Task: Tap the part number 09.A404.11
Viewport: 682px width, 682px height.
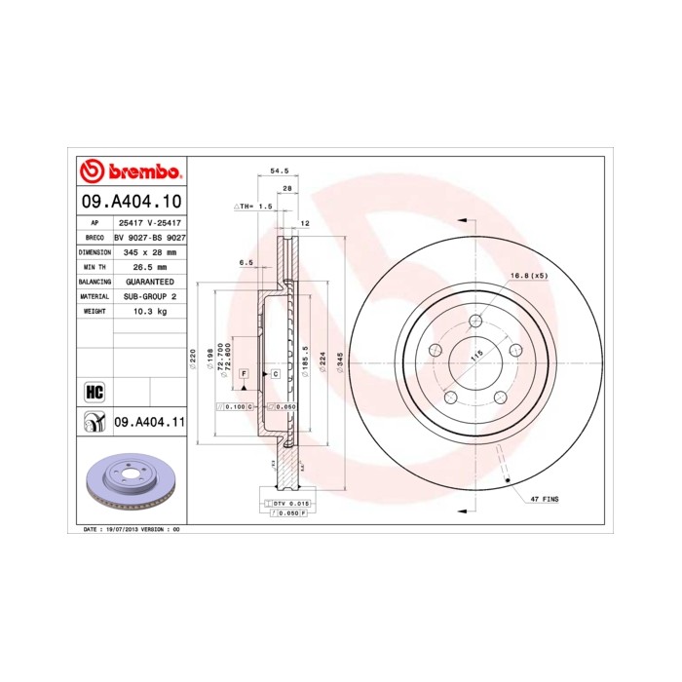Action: click(149, 422)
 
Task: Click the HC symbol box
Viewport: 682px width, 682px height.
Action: click(95, 392)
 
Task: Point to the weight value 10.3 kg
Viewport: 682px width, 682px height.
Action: click(149, 311)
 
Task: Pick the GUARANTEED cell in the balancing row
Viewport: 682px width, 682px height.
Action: click(149, 281)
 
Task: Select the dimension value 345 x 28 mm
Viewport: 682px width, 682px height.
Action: click(149, 251)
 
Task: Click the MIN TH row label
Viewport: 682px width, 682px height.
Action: click(95, 266)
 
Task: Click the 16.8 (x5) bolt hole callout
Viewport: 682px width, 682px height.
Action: click(529, 276)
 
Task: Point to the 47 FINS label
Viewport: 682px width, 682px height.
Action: click(544, 498)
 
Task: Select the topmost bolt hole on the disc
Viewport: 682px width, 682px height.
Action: click(475, 322)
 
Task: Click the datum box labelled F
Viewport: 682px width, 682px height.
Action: click(244, 374)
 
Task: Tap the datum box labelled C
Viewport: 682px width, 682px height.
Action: click(275, 374)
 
